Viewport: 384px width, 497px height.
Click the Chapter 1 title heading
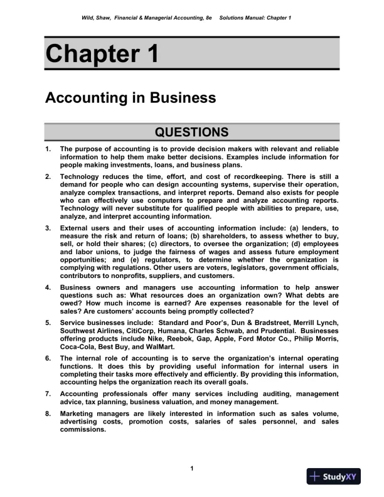click(102, 54)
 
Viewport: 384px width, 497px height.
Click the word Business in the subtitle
click(186, 99)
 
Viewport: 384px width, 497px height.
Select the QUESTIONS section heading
click(191, 132)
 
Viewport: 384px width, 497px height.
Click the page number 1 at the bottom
click(191, 469)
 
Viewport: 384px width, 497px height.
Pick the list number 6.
click(48, 358)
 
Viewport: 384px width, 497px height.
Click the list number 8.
click(48, 414)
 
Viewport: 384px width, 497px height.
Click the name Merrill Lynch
click(317, 323)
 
